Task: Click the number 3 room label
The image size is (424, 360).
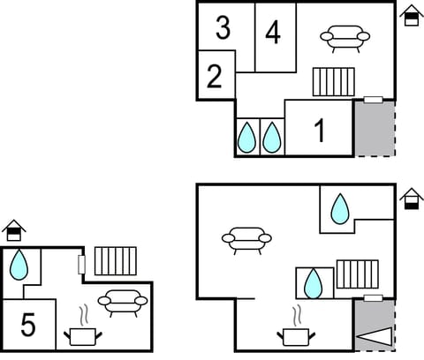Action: (223, 27)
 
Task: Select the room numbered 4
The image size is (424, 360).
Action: (273, 34)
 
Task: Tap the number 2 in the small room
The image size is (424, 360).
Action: (214, 77)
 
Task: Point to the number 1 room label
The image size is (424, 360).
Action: (319, 131)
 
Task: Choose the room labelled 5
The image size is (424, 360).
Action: (28, 326)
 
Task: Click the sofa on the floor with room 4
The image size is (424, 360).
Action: (344, 38)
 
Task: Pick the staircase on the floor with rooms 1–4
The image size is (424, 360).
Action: (333, 82)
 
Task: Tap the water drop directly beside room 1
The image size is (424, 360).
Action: (273, 137)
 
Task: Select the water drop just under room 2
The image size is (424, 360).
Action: (246, 137)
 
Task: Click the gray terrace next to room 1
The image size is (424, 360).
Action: (374, 128)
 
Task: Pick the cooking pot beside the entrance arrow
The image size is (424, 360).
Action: (297, 333)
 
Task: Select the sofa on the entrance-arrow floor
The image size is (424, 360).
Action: (246, 238)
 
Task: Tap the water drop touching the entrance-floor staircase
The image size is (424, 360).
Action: (312, 282)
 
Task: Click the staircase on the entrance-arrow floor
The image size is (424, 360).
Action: (356, 274)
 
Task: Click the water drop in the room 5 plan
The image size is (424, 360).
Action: (19, 264)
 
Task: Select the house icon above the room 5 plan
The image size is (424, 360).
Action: (13, 232)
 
